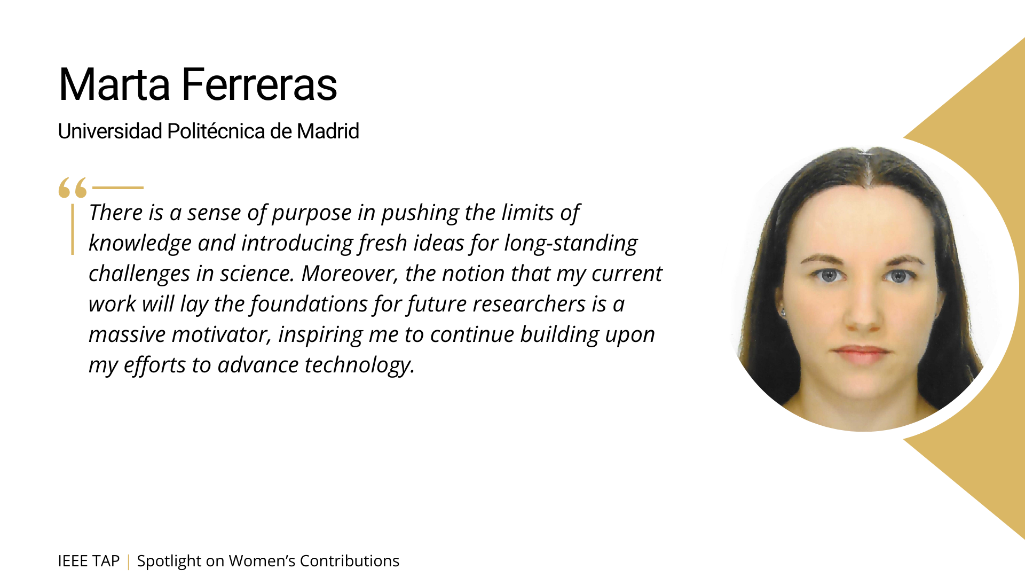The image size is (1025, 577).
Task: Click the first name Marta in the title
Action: coord(114,84)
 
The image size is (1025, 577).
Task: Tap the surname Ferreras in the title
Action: coord(259,84)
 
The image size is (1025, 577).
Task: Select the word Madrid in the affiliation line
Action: coord(328,131)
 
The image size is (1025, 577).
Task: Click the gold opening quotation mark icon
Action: coord(73,188)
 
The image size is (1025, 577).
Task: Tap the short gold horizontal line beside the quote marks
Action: coord(118,188)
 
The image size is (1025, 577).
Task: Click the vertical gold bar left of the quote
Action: coord(73,229)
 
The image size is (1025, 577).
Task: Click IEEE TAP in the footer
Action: coord(89,561)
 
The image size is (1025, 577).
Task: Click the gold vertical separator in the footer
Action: coord(128,562)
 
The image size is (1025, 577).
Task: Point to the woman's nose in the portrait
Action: coord(863,313)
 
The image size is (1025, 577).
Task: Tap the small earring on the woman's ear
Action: coord(783,311)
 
